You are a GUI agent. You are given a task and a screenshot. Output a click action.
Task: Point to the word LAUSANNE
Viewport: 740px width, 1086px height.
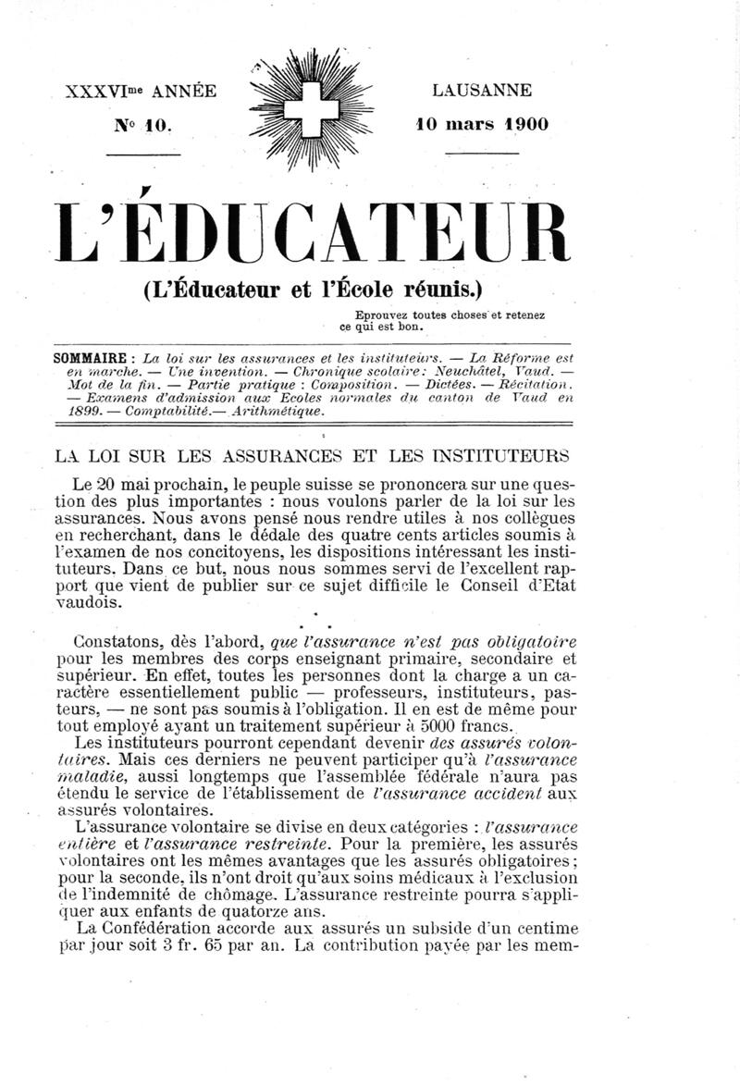[x=481, y=91]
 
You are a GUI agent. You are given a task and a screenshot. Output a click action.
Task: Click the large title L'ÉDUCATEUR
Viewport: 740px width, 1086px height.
[x=314, y=233]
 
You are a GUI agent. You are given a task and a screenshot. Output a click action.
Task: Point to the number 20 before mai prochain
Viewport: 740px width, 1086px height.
[x=107, y=486]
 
